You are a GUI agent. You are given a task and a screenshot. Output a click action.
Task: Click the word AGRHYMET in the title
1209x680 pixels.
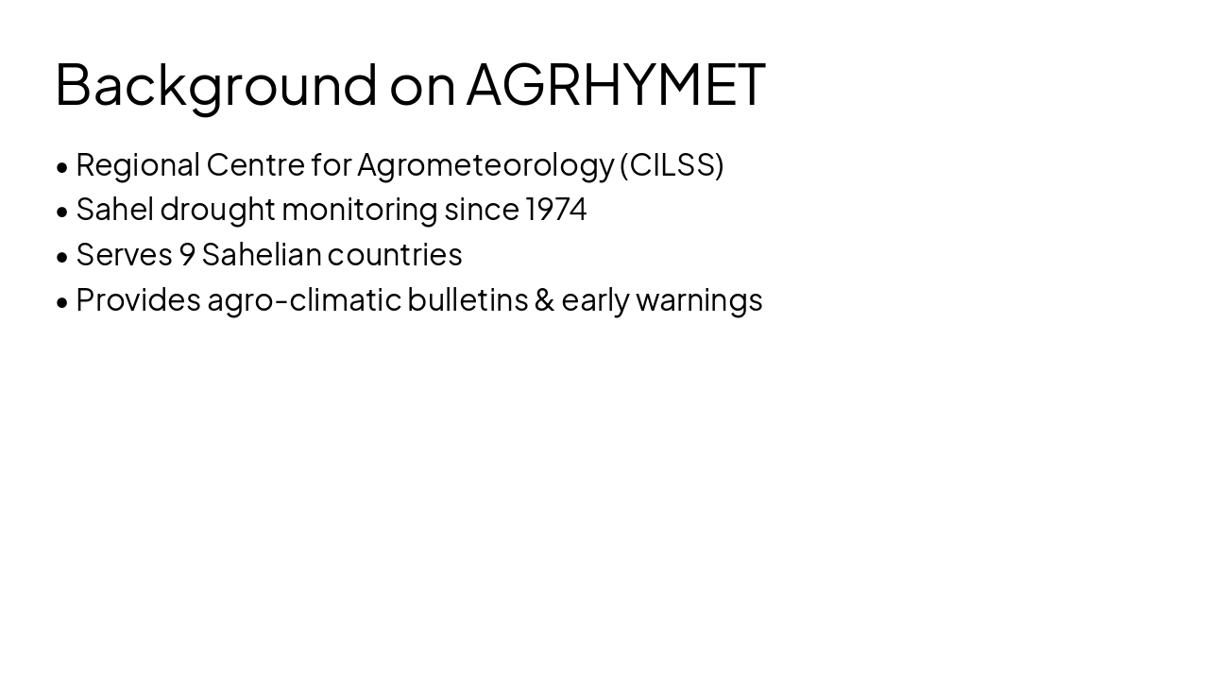click(615, 84)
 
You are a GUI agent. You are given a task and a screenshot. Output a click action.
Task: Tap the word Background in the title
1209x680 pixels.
click(216, 84)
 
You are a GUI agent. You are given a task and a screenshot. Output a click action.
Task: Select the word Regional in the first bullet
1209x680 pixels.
click(138, 164)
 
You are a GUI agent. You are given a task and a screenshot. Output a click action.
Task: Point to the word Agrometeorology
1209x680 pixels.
click(485, 164)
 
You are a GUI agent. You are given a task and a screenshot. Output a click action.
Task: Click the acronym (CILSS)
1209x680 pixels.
click(672, 164)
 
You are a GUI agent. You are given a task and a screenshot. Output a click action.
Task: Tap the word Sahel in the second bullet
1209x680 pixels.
click(114, 209)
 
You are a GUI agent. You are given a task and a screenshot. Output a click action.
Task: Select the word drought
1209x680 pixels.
click(217, 209)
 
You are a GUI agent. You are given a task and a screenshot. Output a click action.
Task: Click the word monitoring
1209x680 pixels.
click(360, 209)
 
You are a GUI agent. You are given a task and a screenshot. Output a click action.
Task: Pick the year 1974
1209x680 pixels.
click(556, 209)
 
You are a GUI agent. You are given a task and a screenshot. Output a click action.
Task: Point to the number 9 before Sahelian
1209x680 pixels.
click(187, 254)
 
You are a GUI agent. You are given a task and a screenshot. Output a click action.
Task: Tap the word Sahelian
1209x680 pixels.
click(262, 254)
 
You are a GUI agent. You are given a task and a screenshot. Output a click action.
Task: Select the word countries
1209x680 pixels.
click(395, 254)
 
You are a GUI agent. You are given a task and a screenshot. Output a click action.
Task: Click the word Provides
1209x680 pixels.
click(138, 299)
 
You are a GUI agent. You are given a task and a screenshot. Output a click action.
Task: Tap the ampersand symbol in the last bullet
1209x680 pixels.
click(544, 299)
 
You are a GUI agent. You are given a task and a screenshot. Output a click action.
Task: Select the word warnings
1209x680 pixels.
click(699, 299)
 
